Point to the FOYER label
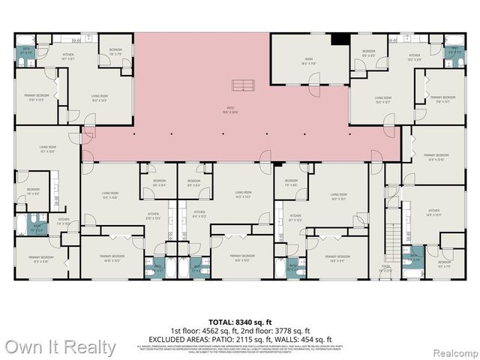pos(386,267)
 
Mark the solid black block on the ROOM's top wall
pos(339,39)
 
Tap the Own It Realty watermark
pos(61,347)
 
